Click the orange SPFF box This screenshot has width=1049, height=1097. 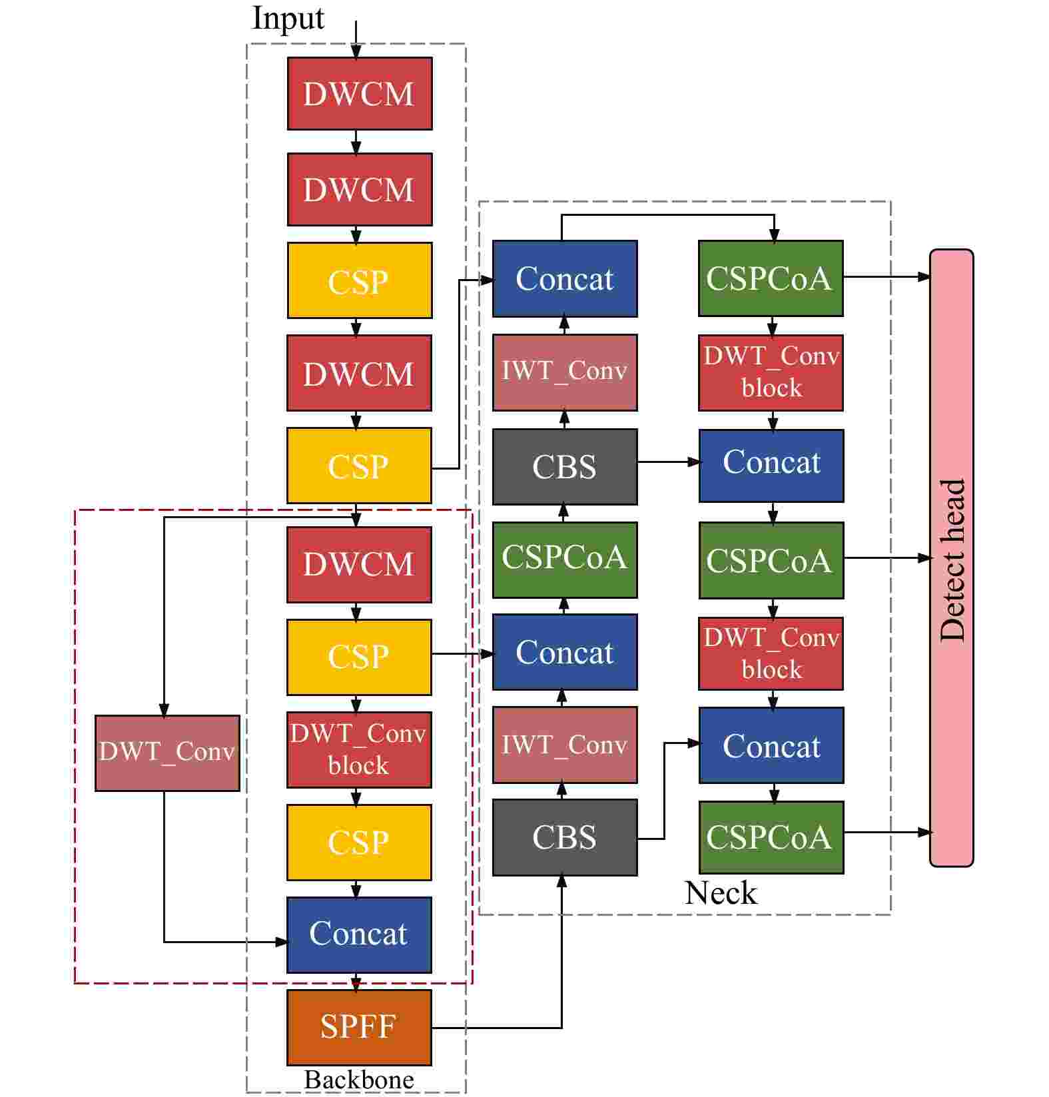coord(359,1026)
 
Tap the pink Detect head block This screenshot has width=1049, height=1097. coord(951,558)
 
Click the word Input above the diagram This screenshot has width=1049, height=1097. coord(288,18)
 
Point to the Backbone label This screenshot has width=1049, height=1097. coord(358,1079)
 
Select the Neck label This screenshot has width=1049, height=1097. coord(721,893)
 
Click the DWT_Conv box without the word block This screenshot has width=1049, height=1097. coord(167,753)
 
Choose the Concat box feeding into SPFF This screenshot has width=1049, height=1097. coord(359,934)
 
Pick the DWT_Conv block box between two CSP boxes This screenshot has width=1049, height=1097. coord(359,749)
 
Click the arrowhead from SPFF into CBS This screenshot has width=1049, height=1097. coord(562,881)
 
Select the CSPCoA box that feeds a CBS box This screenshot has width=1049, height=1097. coord(564,559)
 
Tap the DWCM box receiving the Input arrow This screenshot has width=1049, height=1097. coord(360,93)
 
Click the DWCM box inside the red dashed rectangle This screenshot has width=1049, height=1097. coord(359,564)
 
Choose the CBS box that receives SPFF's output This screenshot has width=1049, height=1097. coord(564,837)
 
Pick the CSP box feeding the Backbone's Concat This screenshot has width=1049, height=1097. coord(359,842)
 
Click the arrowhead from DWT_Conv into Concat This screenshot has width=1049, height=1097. coord(282,941)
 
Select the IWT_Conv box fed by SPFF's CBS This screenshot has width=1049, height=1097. coord(564,745)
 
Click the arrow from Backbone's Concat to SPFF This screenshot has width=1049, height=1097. coord(356,981)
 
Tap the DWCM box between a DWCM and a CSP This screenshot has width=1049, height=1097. coord(360,189)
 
